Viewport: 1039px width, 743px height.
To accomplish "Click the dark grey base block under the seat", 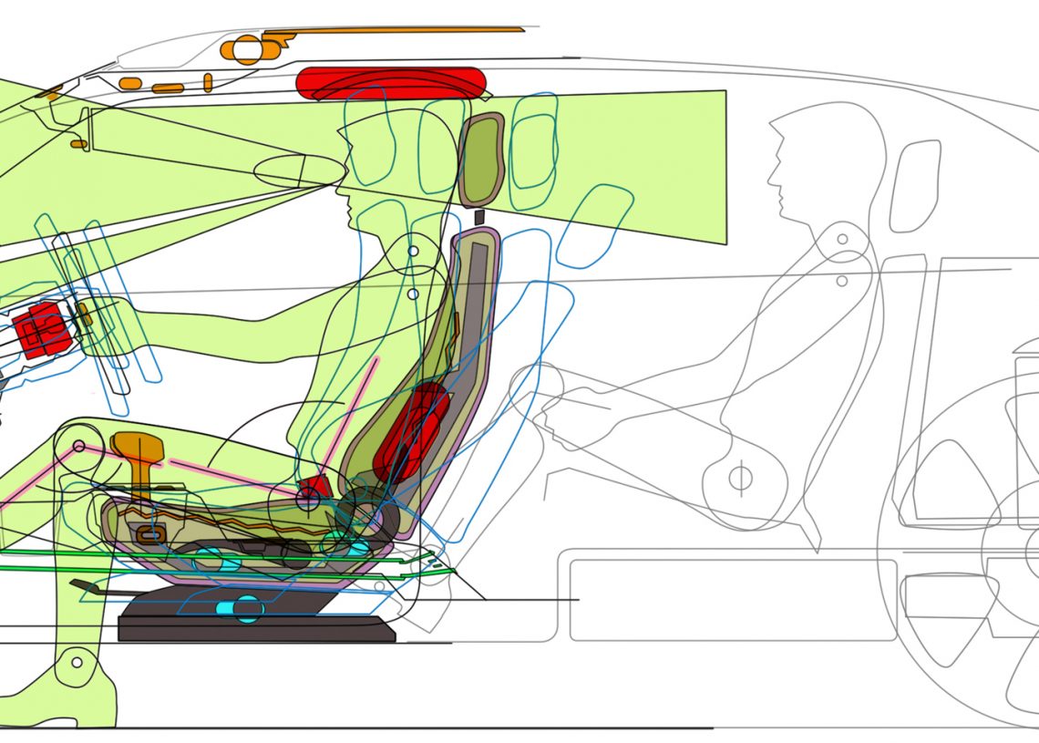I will (x=255, y=628).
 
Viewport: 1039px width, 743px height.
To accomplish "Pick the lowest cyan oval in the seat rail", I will (x=247, y=608).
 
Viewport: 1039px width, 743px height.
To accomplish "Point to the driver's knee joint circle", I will (x=78, y=447).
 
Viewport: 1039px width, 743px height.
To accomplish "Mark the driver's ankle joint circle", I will (x=77, y=663).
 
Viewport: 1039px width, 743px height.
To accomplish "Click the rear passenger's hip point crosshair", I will (x=739, y=477).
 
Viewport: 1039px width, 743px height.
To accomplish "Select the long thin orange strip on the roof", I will (x=410, y=31).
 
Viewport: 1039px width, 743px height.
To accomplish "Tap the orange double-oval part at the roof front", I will (x=247, y=48).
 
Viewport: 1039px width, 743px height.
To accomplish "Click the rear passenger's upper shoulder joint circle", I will (x=842, y=240).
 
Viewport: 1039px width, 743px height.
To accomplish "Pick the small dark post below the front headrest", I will (x=479, y=217).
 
